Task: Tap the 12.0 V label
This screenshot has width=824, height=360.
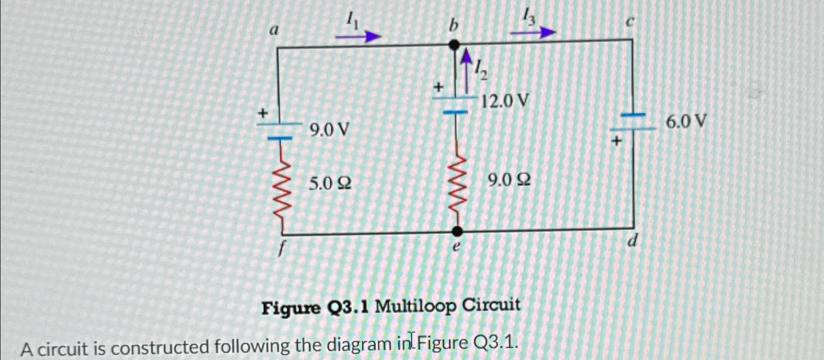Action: tap(505, 102)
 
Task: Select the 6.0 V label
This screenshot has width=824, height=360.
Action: tap(686, 120)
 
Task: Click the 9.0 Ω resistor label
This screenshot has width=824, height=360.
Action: tap(509, 181)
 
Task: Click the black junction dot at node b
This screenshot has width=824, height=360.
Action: tap(454, 45)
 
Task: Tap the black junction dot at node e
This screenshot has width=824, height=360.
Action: tap(457, 231)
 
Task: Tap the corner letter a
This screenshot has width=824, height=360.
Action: tap(274, 30)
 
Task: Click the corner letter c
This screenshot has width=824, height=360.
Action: tap(630, 22)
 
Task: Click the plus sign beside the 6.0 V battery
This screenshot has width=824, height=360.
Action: tap(617, 141)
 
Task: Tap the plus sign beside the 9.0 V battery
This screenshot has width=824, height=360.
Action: tap(263, 113)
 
